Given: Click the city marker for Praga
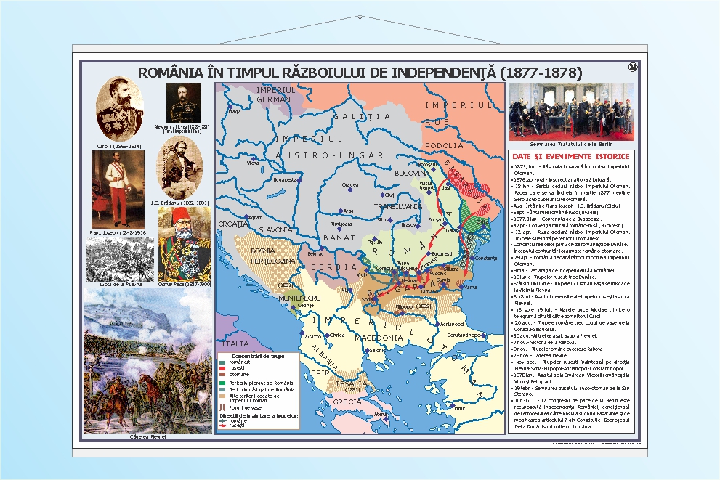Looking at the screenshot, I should click(228, 111).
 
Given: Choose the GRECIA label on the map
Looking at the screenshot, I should click(347, 402).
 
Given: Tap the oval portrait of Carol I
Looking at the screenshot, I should click(119, 108).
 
